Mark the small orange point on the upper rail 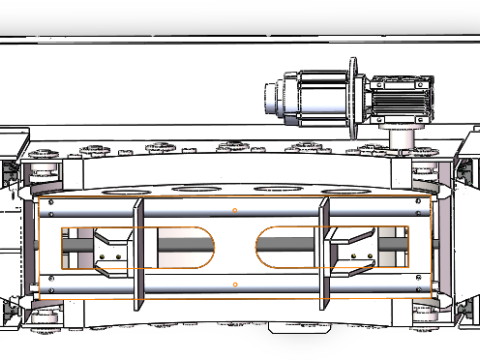(x=234, y=211)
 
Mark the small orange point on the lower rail (x=234, y=285)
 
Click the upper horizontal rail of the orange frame (x=200, y=212)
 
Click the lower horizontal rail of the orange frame (x=200, y=285)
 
